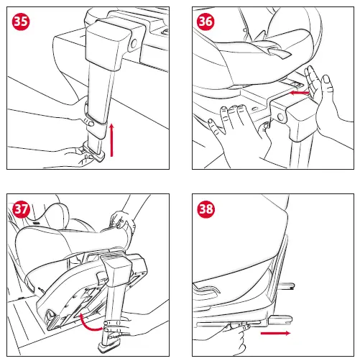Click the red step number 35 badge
[21, 22]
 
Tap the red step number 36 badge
[206, 22]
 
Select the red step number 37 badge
[21, 209]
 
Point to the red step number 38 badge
[206, 209]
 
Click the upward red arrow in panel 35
[111, 140]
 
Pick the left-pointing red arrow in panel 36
[300, 93]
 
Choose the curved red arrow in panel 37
[90, 322]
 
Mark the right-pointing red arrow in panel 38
[275, 333]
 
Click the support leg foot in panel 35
[94, 152]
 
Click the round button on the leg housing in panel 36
[280, 117]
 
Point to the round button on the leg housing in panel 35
[134, 44]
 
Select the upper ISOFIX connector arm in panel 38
[287, 286]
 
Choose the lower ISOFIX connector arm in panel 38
[280, 320]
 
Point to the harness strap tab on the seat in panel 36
[279, 52]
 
